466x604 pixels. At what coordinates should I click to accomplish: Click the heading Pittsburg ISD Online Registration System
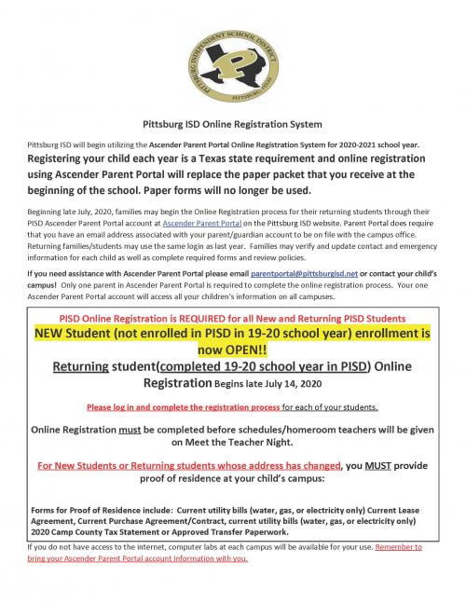click(x=233, y=124)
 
